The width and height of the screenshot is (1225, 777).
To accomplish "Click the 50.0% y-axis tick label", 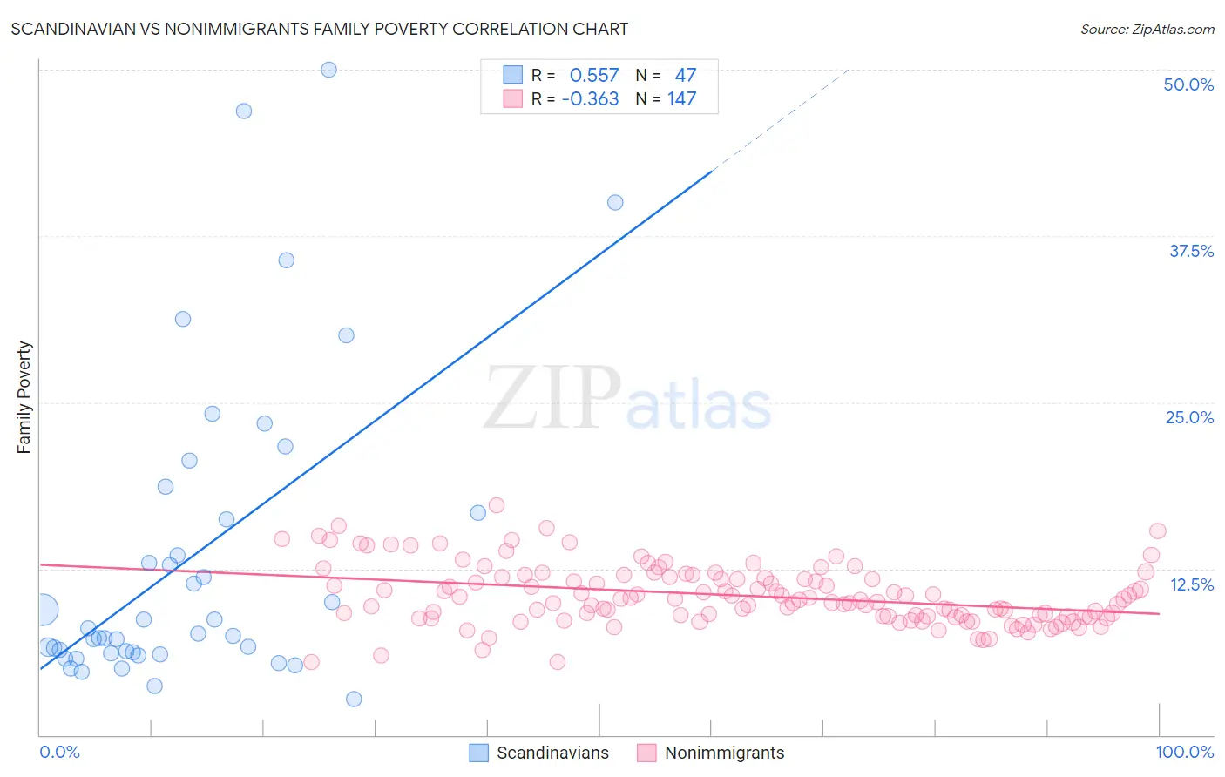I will click(x=1188, y=84).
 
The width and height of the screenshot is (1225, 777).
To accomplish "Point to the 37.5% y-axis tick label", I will click(x=1191, y=251).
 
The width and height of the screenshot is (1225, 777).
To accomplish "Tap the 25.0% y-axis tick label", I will click(x=1189, y=417).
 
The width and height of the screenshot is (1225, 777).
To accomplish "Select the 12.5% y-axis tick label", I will click(x=1191, y=584).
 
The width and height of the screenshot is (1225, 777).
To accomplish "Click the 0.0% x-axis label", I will click(x=59, y=752).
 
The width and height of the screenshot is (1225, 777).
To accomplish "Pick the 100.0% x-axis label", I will click(x=1184, y=752).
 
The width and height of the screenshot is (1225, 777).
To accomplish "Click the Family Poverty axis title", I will click(x=24, y=397).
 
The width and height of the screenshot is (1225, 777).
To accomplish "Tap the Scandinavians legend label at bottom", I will click(x=552, y=753).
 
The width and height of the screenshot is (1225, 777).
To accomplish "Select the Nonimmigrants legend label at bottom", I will click(x=724, y=753).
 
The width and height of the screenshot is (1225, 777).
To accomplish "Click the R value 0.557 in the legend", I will click(x=593, y=76).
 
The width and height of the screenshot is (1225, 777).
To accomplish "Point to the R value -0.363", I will click(x=590, y=99).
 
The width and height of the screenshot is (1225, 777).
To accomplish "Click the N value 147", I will click(x=681, y=99).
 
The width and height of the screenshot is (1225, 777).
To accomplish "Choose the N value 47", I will click(x=685, y=76).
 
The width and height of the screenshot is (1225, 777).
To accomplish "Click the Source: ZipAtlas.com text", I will click(x=1147, y=30).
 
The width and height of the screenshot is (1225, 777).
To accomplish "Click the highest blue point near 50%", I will click(x=328, y=70).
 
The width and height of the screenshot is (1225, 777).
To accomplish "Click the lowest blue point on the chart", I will click(x=354, y=699).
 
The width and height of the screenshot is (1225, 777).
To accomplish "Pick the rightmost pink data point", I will click(x=1157, y=531).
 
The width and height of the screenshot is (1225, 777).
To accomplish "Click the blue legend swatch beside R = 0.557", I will click(x=512, y=75).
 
